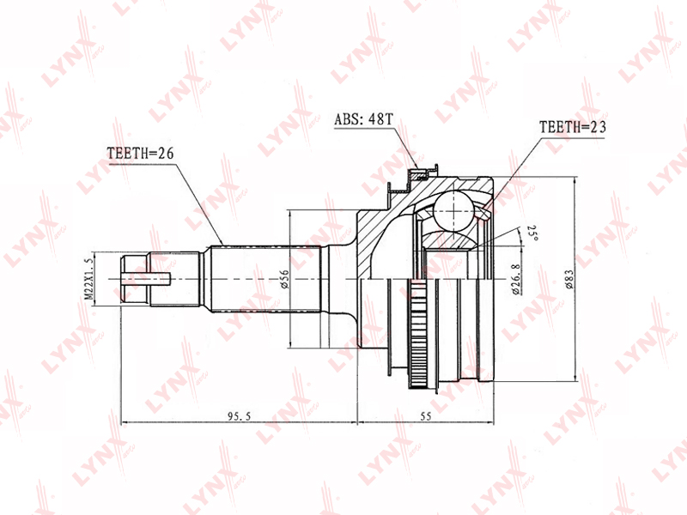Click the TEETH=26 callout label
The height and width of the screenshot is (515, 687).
pyautogui.click(x=140, y=154)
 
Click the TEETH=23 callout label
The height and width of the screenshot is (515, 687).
pyautogui.click(x=573, y=127)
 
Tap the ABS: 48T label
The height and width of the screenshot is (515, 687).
pyautogui.click(x=363, y=119)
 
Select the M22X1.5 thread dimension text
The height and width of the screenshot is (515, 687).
pyautogui.click(x=88, y=279)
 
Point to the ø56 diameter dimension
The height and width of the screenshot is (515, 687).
pyautogui.click(x=285, y=279)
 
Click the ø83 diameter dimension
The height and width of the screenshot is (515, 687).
pyautogui.click(x=568, y=279)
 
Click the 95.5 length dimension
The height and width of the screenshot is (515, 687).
pyautogui.click(x=240, y=416)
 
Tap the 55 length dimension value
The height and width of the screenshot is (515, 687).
pyautogui.click(x=426, y=416)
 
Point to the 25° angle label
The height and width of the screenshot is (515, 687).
pyautogui.click(x=532, y=233)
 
